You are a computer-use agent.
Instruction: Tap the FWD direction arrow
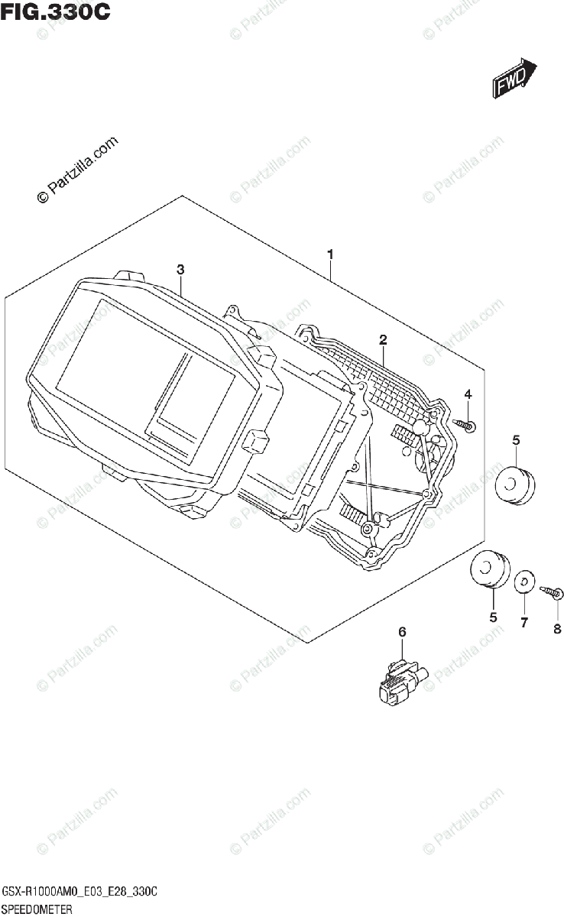[513, 79]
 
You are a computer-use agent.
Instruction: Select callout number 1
[329, 253]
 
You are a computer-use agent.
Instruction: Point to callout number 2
[383, 339]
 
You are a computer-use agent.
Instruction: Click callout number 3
[180, 269]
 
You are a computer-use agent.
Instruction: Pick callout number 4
[468, 394]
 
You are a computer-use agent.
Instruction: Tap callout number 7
[523, 623]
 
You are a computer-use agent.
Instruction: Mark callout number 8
[556, 629]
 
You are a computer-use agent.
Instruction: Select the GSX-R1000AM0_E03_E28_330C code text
[80, 892]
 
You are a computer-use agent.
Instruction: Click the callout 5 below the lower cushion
[493, 616]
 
